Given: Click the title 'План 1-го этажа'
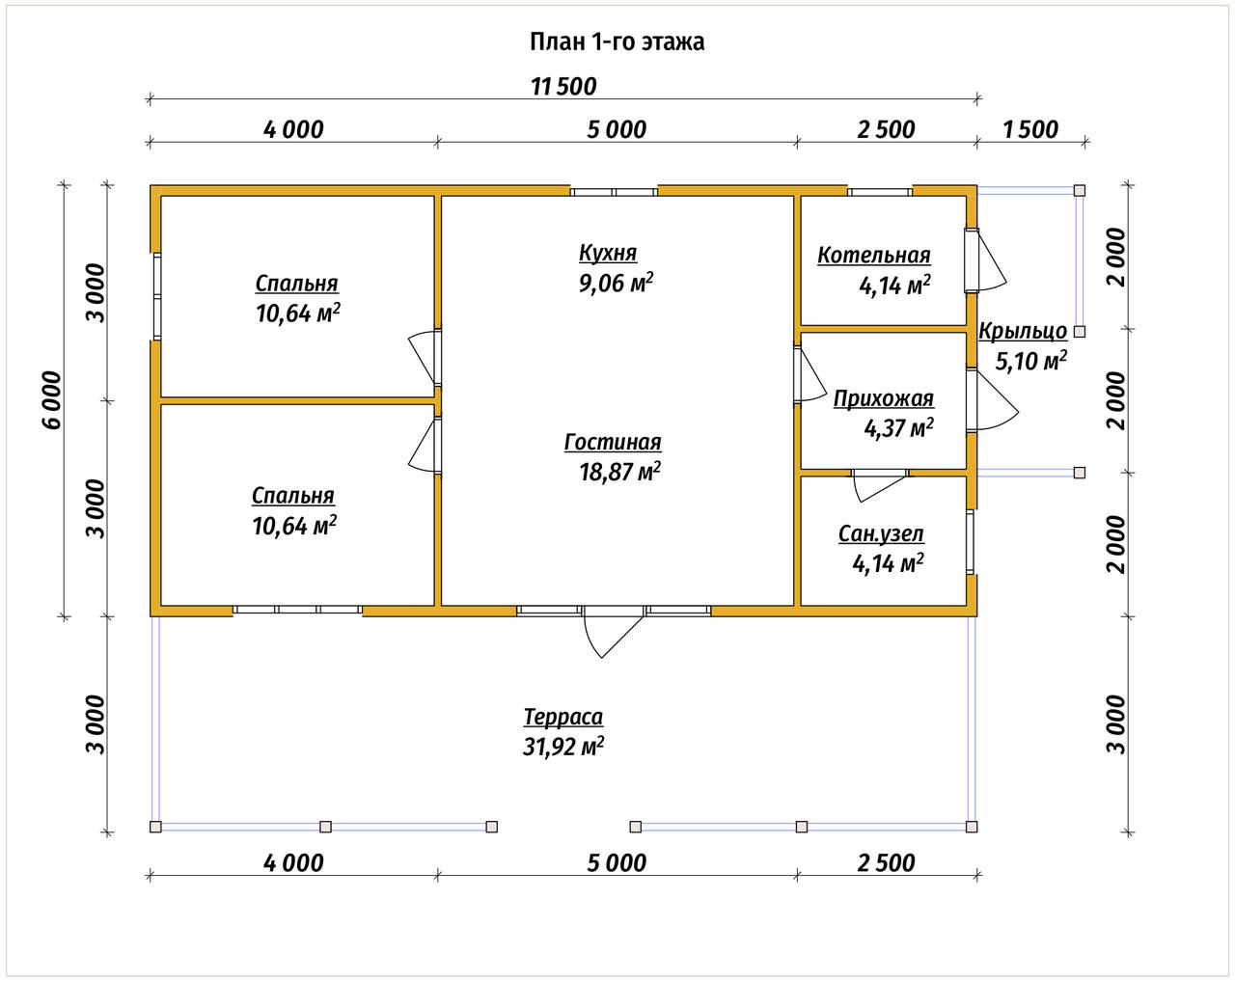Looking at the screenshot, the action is click(x=617, y=41).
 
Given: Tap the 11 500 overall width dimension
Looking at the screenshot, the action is click(x=563, y=87).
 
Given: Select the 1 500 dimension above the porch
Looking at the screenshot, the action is click(x=1030, y=129).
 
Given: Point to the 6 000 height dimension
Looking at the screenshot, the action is click(x=52, y=400).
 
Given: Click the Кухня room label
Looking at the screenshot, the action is click(x=608, y=253).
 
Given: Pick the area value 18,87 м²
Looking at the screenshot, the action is click(x=619, y=472).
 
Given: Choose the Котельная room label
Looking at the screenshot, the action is click(x=873, y=256).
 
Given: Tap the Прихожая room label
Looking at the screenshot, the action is click(x=883, y=398).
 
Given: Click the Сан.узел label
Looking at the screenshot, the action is click(x=881, y=534).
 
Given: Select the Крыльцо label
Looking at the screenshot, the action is click(x=1022, y=332).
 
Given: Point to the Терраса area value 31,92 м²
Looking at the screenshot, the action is click(x=563, y=747).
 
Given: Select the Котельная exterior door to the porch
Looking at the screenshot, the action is click(x=985, y=260).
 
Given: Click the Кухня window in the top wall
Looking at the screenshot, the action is click(x=614, y=192).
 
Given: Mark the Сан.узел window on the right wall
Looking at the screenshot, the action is click(x=970, y=542).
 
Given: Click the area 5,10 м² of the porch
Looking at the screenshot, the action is click(x=1030, y=362).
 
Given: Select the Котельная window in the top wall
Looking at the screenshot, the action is click(x=880, y=192).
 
